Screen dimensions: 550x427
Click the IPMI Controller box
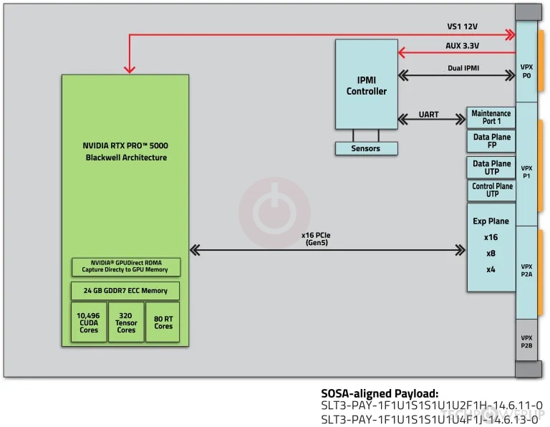pos(366,85)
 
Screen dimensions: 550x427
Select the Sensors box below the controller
pos(366,148)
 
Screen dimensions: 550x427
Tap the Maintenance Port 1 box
pos(491,117)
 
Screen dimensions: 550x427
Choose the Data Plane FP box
pos(491,141)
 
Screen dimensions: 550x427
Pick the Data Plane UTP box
pos(491,168)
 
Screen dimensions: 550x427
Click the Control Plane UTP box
pos(491,190)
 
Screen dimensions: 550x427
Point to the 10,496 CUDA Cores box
pos(89,322)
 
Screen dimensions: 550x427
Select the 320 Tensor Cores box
pos(126,322)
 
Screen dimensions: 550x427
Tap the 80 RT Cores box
pos(163,322)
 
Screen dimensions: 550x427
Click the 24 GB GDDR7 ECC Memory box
pos(125,290)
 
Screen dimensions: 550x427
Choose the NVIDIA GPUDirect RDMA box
pos(126,267)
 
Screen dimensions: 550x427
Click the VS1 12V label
pos(462,27)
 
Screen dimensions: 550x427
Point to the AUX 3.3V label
pos(462,46)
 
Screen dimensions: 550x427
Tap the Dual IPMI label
pos(463,68)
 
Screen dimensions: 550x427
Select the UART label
pos(428,115)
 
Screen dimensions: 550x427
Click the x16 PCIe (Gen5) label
pos(316,239)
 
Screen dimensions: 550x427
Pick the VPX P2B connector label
pos(526,342)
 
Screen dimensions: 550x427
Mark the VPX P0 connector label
pos(526,71)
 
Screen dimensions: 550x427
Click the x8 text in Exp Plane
pos(491,254)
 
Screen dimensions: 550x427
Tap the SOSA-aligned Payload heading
pos(380,393)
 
